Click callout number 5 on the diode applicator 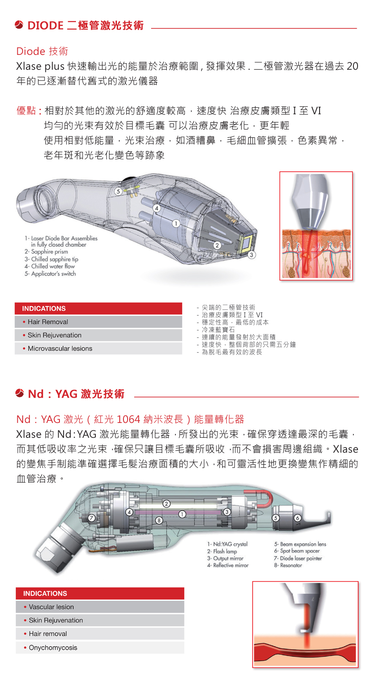click(118, 191)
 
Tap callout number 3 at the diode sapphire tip click(251, 255)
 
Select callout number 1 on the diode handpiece click(176, 224)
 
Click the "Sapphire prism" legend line click(46, 252)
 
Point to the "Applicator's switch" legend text click(50, 274)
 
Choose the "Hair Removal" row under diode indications click(98, 322)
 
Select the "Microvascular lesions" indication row click(98, 348)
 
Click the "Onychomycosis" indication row click(100, 647)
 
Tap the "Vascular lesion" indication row click(100, 607)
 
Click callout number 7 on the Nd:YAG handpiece click(92, 518)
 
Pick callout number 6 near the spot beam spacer click(297, 518)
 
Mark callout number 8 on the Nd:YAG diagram click(159, 520)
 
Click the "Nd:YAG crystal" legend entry click(227, 544)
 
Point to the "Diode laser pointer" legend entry click(298, 558)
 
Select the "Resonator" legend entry click(288, 565)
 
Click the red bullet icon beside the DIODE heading click(19, 25)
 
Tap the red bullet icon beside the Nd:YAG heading click(20, 393)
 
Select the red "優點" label click(26, 111)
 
